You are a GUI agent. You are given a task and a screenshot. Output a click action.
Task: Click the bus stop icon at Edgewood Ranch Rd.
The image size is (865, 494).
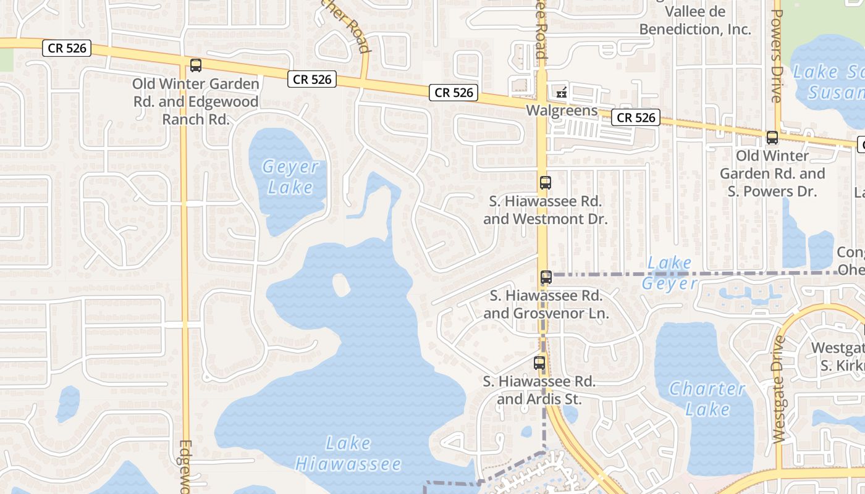pos(196,65)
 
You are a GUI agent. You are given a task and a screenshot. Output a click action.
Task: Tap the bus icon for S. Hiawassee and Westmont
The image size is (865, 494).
pos(545,183)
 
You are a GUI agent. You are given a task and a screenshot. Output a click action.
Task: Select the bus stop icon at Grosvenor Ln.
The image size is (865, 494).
pos(546,277)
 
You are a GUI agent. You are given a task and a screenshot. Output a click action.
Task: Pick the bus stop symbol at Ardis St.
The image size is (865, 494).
pos(539,363)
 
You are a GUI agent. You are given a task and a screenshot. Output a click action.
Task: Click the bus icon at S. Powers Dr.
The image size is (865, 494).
pos(772,138)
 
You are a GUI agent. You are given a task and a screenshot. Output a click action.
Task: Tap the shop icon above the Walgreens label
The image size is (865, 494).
pos(562,93)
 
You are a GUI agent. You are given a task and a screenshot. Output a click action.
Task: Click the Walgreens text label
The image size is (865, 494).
pos(562,111)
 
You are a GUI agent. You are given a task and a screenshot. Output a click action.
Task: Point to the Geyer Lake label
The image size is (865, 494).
pos(290,177)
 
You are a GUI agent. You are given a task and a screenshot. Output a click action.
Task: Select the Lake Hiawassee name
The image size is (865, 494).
pos(348,454)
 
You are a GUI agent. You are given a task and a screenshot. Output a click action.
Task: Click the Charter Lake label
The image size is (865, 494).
pos(707,399)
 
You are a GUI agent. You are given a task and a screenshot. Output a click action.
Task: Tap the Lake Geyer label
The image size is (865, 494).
pos(669,274)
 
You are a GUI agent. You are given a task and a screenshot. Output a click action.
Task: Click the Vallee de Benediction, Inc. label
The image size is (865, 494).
pos(695,20)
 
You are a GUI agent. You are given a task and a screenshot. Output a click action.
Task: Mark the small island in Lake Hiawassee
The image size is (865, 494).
pos(340,285)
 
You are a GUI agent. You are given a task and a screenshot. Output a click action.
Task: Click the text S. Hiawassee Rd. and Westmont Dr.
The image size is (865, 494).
pos(546,210)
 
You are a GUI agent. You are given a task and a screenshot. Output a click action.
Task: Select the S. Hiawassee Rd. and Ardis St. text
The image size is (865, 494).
pos(539,390)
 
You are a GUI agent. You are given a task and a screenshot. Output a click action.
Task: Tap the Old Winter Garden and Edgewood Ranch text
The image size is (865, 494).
pos(196,101)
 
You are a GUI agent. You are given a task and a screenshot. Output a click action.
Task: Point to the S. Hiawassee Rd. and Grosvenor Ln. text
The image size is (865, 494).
pos(546,304)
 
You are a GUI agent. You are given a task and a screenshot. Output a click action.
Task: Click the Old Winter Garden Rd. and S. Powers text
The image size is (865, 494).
pos(772,174)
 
